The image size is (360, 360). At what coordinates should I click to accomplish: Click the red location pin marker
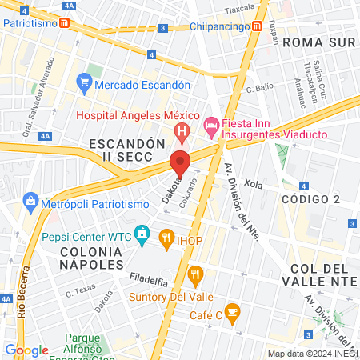[181, 163]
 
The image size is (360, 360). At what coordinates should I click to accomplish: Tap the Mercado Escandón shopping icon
[84, 82]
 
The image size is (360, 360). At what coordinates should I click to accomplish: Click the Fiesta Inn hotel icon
[211, 125]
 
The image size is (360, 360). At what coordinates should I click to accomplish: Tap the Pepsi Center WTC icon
[142, 234]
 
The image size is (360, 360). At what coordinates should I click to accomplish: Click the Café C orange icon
[233, 310]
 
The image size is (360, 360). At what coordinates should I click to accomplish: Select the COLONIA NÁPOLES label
[91, 258]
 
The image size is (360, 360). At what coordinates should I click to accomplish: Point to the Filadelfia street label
[148, 282]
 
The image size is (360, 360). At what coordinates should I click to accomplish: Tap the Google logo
[26, 350]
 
